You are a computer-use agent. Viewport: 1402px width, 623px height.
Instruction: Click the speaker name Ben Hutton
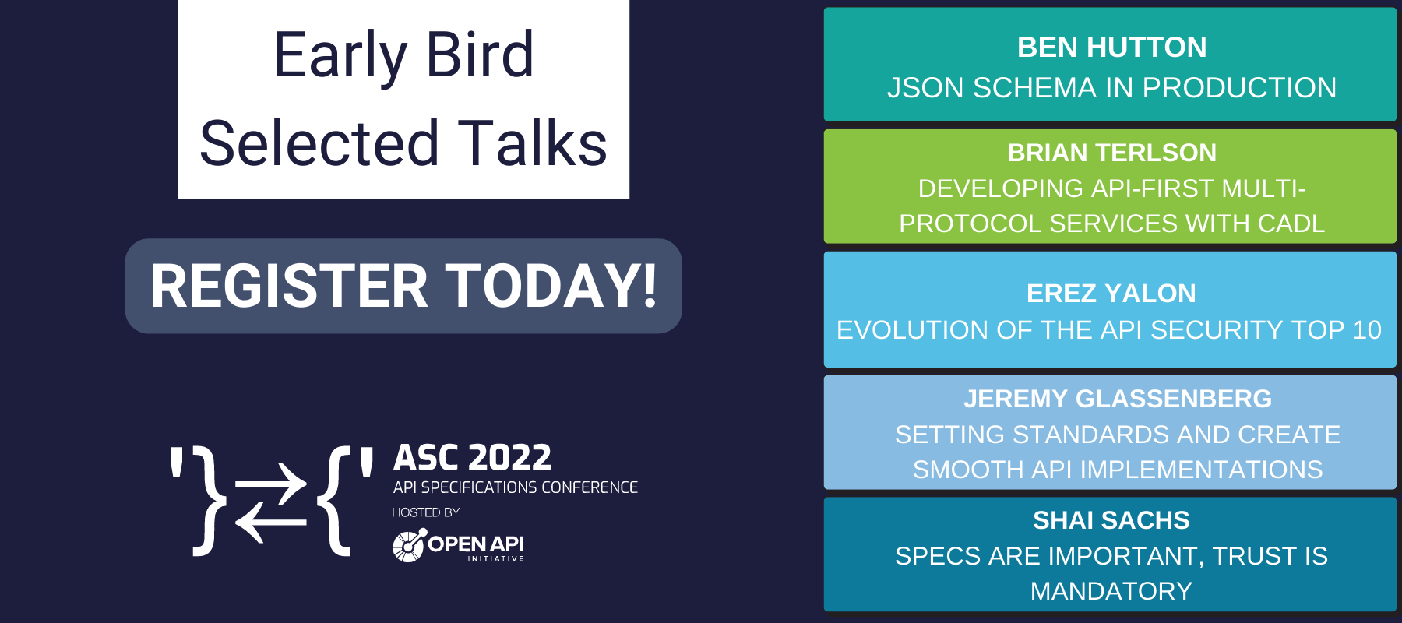pos(1111,48)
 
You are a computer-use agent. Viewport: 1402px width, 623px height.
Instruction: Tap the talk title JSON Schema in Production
pos(1111,88)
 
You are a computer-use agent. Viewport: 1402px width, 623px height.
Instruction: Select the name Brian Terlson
pos(1111,153)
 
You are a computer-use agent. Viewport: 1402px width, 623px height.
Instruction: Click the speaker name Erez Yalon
pos(1111,294)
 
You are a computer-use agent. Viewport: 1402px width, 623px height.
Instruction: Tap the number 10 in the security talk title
pos(1367,330)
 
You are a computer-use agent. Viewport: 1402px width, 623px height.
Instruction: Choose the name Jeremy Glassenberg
pos(1118,399)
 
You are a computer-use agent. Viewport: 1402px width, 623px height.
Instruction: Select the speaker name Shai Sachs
pos(1111,520)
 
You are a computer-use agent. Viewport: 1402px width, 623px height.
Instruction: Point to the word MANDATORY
pos(1111,591)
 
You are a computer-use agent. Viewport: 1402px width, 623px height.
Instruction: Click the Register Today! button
pos(403,286)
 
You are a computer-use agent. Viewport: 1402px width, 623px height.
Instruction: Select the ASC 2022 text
pos(472,457)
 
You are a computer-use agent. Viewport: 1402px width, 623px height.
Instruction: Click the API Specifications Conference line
pos(515,487)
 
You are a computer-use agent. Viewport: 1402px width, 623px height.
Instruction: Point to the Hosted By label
pos(425,512)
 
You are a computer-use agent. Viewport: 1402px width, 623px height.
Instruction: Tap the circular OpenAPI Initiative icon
pos(409,545)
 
